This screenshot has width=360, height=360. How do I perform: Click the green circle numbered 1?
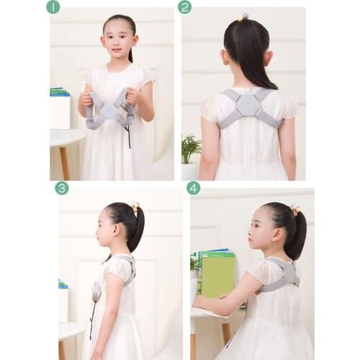coord(53,7)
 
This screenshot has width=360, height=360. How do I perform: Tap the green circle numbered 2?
coord(185,7)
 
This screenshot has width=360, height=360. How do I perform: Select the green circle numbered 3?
coord(62,188)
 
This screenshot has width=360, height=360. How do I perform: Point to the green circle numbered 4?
coord(193,188)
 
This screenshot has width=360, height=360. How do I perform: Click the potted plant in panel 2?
coord(190,149)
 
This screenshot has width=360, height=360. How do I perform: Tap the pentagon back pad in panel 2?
coord(247,104)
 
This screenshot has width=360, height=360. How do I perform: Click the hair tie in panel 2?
coord(245,16)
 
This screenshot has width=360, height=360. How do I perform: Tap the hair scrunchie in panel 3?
coord(134,208)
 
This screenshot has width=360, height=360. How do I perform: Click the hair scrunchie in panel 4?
coord(295,210)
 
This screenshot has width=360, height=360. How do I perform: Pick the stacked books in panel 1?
coord(58,91)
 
